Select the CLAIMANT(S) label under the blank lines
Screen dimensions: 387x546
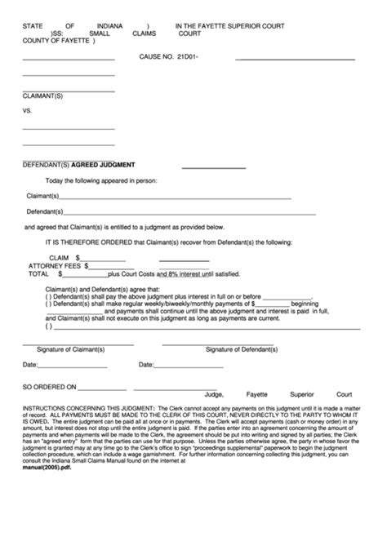pyautogui.click(x=42, y=95)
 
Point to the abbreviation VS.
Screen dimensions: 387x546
pyautogui.click(x=27, y=109)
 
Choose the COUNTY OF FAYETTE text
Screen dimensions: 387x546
pyautogui.click(x=56, y=42)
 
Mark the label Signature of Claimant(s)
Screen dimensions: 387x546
pyautogui.click(x=75, y=349)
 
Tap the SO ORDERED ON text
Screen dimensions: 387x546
pyautogui.click(x=49, y=388)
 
